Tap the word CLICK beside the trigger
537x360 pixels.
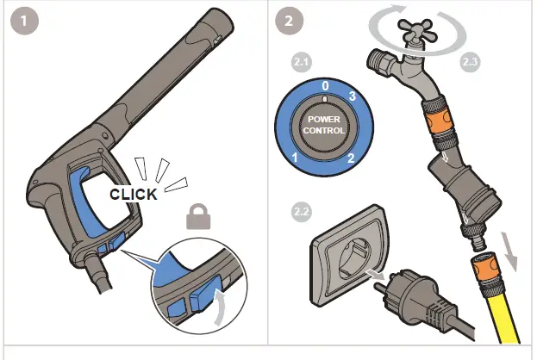pos(134,194)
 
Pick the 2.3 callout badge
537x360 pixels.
pos(471,63)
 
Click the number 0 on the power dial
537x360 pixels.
pos(325,87)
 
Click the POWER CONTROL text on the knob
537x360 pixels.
pos(324,125)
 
